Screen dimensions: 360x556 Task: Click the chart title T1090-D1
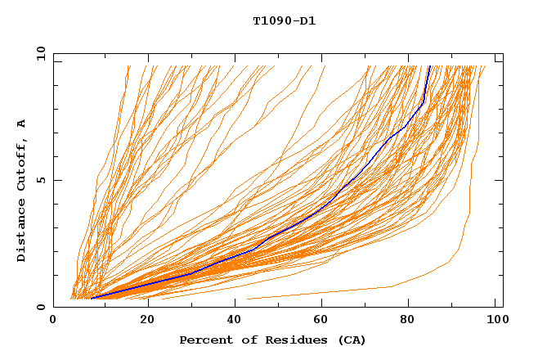284,21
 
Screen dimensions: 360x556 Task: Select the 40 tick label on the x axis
234,321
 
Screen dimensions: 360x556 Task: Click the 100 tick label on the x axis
494,321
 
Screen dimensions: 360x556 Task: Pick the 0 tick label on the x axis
54,321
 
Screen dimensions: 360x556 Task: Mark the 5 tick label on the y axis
40,181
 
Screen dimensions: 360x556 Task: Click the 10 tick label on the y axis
38,54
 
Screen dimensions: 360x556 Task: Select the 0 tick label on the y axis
40,308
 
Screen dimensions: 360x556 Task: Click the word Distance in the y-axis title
21,231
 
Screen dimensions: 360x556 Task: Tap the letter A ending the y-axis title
21,124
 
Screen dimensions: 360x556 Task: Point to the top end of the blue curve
430,66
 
